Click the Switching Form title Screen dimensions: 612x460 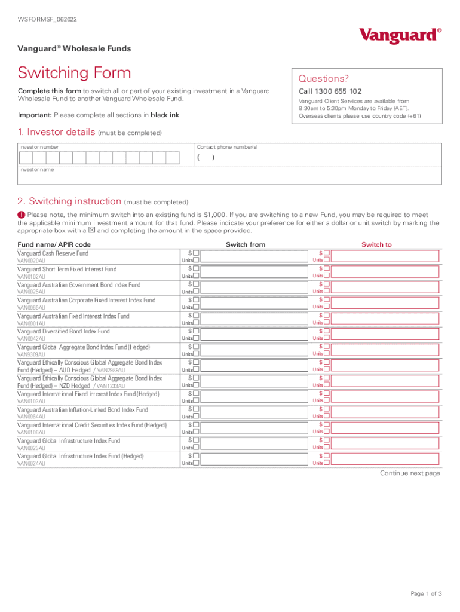(x=74, y=73)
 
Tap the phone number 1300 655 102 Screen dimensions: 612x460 (x=330, y=91)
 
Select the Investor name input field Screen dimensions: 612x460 (x=230, y=178)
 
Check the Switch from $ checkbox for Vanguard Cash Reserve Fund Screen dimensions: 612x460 (x=196, y=253)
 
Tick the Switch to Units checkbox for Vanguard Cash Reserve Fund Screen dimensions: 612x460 (x=326, y=261)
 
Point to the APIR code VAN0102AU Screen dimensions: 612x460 (x=31, y=277)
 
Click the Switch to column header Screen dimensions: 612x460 (x=376, y=244)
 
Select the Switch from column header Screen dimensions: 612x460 (x=245, y=244)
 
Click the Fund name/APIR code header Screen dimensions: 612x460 (x=54, y=244)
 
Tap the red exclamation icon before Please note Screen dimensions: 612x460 (x=21, y=215)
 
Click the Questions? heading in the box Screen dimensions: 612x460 (x=323, y=79)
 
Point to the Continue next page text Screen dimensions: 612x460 (x=410, y=473)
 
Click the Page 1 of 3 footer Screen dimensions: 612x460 (x=426, y=593)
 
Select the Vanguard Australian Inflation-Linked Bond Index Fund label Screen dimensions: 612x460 (x=82, y=409)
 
